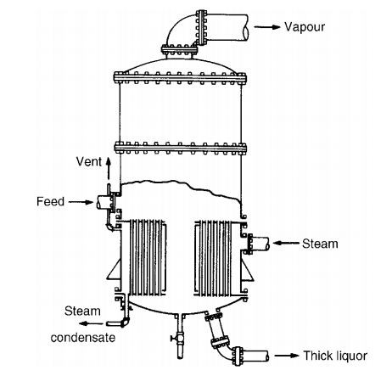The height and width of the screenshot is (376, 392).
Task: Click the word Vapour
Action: [305, 27]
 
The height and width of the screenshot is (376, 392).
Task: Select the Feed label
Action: [51, 202]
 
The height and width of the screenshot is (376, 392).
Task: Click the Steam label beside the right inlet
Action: [320, 244]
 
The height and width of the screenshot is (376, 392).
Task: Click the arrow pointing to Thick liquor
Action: [288, 356]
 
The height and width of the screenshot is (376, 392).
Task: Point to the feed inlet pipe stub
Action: [104, 204]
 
